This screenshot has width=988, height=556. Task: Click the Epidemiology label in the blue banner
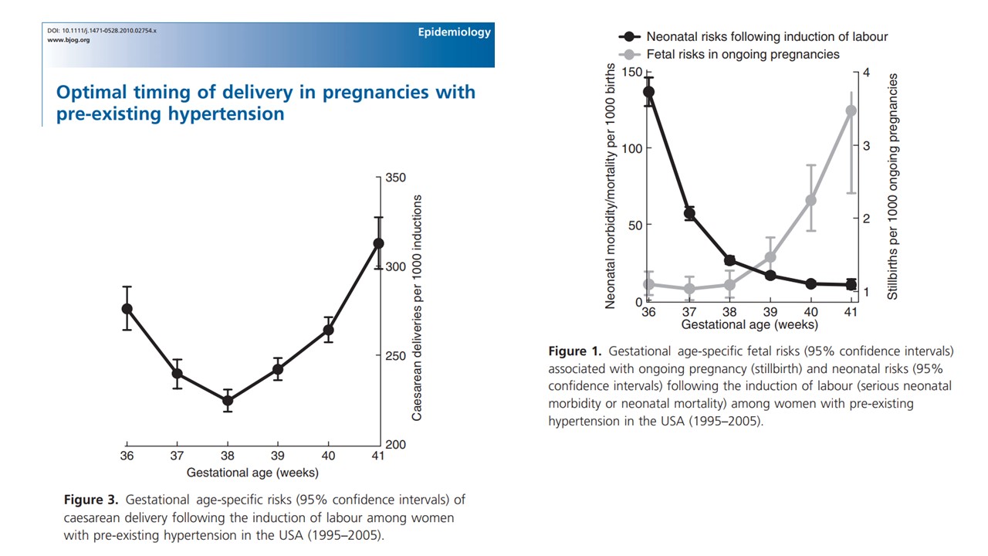point(454,32)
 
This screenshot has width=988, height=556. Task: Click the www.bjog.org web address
point(69,40)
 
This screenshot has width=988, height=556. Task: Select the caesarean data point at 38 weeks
point(228,400)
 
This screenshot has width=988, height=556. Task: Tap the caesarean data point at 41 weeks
point(378,243)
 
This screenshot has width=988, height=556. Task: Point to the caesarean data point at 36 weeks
point(127,309)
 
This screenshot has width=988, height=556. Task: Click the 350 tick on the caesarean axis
point(395,178)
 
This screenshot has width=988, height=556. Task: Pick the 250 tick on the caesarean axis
point(395,356)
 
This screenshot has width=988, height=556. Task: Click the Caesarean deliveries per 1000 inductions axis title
point(417,307)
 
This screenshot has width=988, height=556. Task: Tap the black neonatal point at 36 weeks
point(648,92)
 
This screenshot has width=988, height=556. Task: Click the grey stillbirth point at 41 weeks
point(851,110)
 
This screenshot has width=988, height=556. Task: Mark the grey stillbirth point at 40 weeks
point(810,200)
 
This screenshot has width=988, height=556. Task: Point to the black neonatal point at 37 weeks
point(689,214)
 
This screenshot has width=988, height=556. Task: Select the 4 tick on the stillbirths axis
point(867,73)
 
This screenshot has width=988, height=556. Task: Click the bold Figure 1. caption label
point(574,351)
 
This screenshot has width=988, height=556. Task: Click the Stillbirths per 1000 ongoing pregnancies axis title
point(892,187)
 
